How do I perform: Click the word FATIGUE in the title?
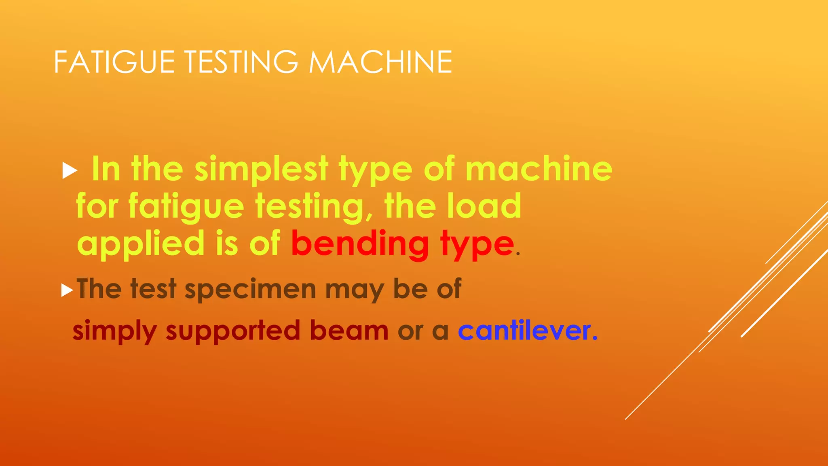point(114,62)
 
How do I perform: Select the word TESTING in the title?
point(241,62)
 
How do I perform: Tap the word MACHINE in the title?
point(380,62)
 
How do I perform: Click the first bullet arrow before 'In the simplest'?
point(70,171)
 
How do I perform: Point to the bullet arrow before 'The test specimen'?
point(67,290)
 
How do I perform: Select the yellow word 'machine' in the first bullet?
point(539,169)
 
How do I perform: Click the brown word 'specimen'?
point(250,290)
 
